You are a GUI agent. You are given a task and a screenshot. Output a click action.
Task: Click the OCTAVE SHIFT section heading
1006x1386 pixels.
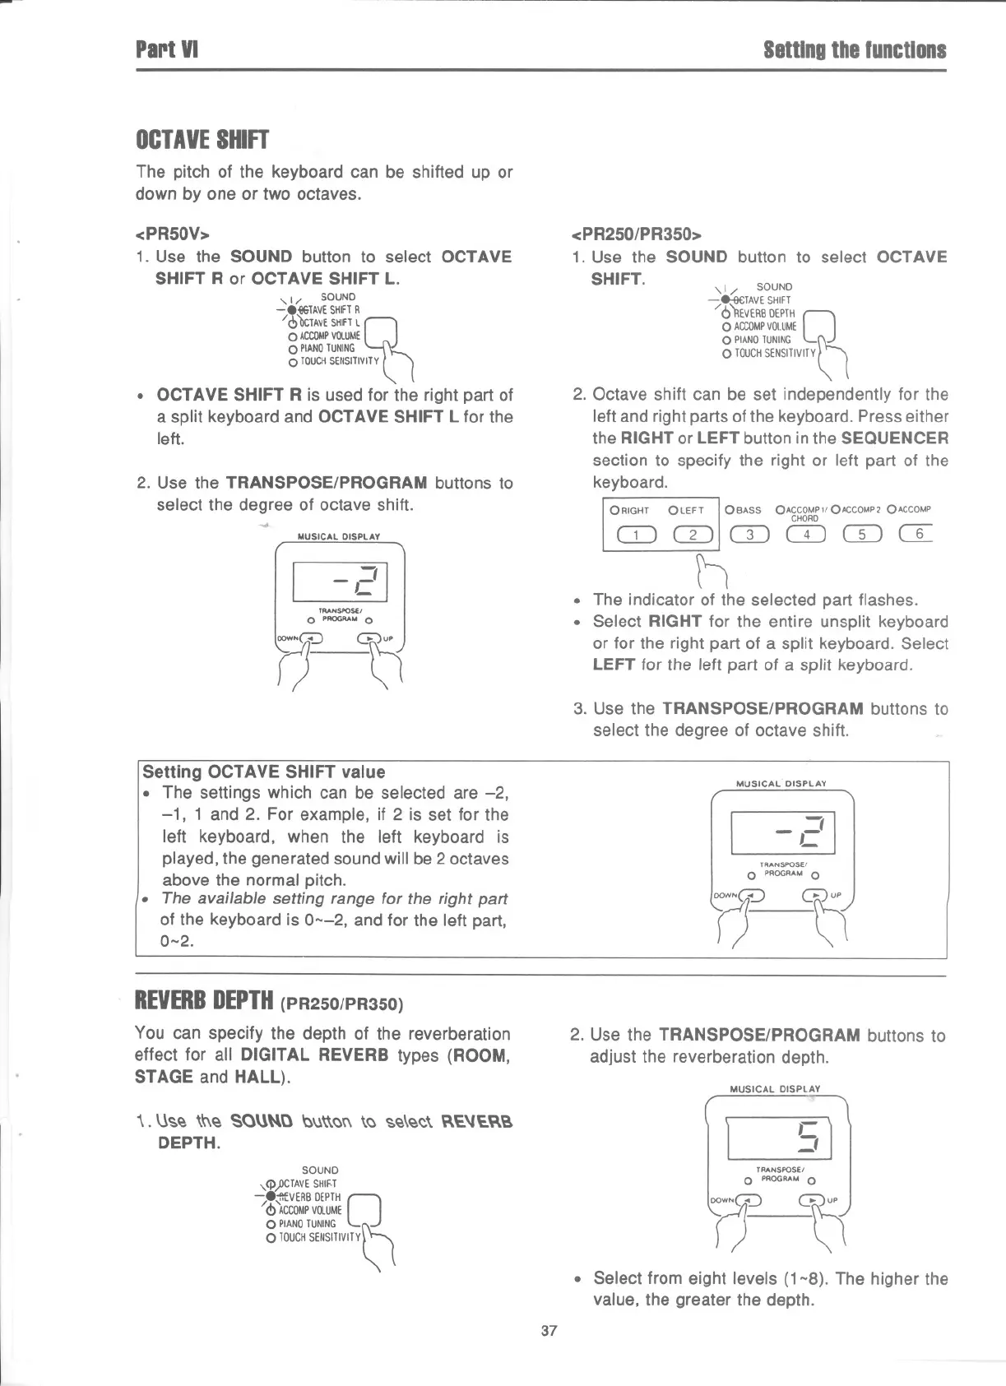(202, 140)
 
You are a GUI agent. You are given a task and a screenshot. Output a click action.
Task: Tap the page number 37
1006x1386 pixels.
(549, 1330)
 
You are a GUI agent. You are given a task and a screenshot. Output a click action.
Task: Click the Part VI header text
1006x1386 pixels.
(167, 50)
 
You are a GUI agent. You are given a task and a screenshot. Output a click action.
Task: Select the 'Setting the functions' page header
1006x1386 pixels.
(855, 50)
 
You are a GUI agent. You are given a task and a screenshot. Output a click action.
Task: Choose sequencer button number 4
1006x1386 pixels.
(807, 535)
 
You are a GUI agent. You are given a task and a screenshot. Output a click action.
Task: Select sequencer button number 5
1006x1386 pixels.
(862, 535)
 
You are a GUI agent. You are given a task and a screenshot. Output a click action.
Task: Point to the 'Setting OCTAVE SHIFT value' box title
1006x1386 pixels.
(264, 772)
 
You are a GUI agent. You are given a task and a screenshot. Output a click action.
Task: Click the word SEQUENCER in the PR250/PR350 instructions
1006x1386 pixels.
(895, 438)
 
